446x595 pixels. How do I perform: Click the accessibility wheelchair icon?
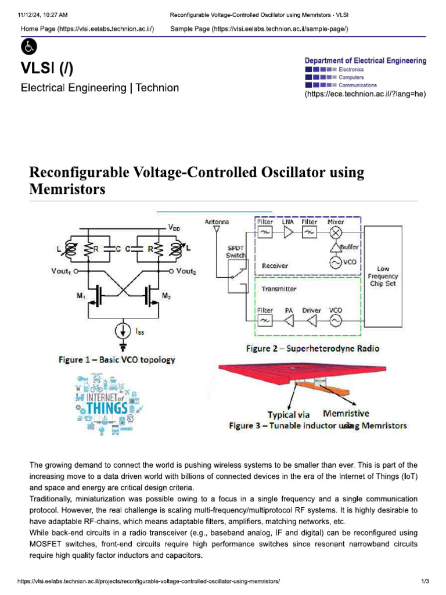(x=28, y=47)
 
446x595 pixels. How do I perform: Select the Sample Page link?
(x=259, y=29)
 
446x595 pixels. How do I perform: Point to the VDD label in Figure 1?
(x=174, y=228)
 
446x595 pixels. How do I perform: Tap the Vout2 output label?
(x=186, y=271)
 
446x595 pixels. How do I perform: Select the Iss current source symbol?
(x=123, y=331)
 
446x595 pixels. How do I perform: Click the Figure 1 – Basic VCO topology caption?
(x=117, y=360)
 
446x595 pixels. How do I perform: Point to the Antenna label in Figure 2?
(x=217, y=222)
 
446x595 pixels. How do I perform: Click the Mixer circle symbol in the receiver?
(x=336, y=232)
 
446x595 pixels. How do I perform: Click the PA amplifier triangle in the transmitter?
(x=289, y=321)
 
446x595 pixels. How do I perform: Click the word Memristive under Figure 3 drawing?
(x=346, y=414)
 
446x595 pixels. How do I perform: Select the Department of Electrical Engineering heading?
(x=365, y=60)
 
